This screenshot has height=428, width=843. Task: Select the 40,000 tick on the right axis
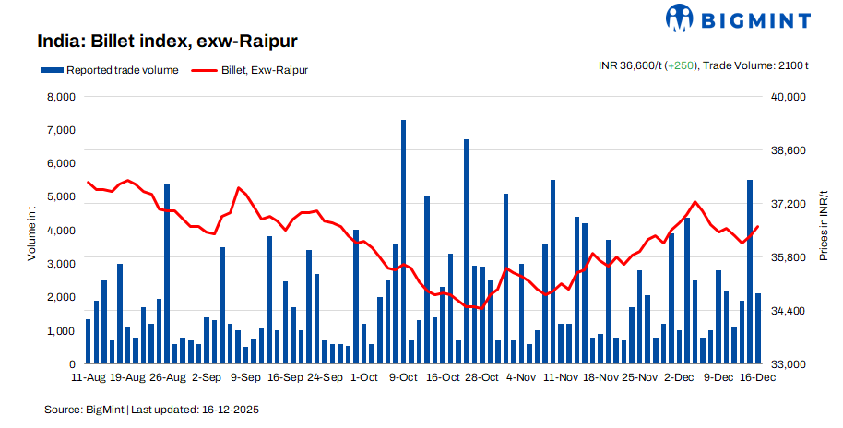789,97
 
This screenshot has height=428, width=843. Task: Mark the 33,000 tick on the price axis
789,365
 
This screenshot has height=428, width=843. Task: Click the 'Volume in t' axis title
30,231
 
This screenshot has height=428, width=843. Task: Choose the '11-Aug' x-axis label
88,378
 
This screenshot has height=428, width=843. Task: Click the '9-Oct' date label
403,378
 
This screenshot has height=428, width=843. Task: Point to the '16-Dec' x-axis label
757,378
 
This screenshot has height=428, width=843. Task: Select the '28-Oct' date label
481,378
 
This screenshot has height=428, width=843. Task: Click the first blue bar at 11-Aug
88,342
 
